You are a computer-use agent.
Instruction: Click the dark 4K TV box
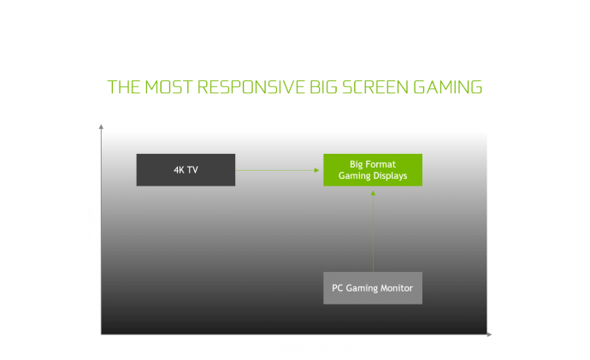click(186, 169)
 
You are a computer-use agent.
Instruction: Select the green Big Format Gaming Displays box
click(372, 169)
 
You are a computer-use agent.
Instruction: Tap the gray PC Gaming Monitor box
click(373, 287)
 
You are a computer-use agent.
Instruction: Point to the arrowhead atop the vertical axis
click(102, 127)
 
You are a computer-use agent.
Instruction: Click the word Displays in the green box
click(390, 176)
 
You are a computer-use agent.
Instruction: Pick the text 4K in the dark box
click(179, 169)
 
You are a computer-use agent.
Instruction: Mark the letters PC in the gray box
click(338, 287)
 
